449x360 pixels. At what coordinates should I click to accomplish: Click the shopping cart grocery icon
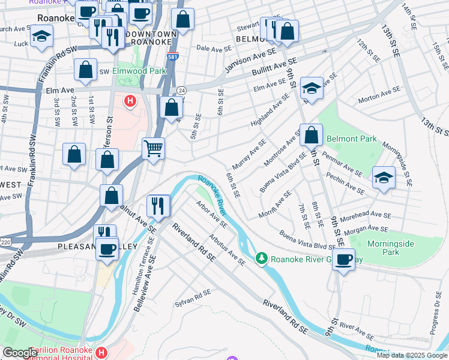(x=154, y=147)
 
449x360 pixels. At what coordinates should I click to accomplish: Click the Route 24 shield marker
(x=181, y=90)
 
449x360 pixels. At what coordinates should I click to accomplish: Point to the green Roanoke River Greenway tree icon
(x=261, y=259)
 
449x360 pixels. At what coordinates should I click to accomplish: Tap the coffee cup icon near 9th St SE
(x=344, y=259)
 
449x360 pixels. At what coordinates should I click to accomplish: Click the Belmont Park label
(x=352, y=139)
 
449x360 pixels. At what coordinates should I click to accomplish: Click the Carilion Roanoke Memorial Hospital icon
(x=101, y=352)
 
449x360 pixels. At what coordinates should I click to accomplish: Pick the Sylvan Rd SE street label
(x=193, y=298)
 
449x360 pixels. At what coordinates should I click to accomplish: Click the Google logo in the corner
(x=20, y=353)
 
